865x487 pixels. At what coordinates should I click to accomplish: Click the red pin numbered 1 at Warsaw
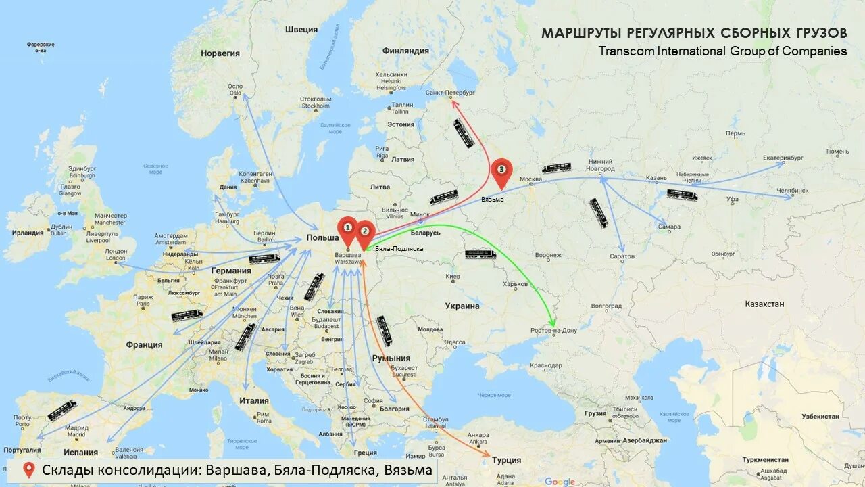click(x=347, y=229)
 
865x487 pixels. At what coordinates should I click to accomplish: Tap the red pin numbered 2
click(x=365, y=232)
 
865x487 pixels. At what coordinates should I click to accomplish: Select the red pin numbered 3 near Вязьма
click(x=501, y=170)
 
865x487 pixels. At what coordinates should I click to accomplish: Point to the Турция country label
click(x=506, y=460)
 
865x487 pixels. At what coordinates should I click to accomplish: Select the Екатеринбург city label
click(x=783, y=158)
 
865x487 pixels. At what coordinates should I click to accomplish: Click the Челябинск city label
click(x=792, y=191)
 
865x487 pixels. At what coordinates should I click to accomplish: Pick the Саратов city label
click(x=621, y=256)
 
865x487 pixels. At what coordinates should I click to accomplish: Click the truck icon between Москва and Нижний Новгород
click(x=556, y=168)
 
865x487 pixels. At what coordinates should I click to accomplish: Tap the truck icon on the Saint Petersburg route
click(x=464, y=133)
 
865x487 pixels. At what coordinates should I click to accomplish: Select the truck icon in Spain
click(x=62, y=411)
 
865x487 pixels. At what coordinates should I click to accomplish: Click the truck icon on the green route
click(x=480, y=254)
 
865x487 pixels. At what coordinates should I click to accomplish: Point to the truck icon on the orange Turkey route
click(x=384, y=330)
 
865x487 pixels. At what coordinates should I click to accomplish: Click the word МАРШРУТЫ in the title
click(x=580, y=33)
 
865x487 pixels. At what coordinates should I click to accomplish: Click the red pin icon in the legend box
click(x=29, y=470)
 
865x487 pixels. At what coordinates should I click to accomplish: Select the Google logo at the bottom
click(x=560, y=482)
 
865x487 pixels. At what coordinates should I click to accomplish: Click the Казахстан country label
click(x=764, y=304)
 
